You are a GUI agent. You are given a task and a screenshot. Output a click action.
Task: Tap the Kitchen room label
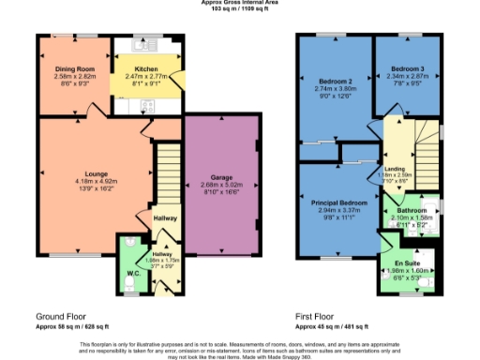[x=145, y=69]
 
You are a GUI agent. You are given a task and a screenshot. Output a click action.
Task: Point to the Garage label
[x=221, y=178]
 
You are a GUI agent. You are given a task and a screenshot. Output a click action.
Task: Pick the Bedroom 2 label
[x=334, y=82]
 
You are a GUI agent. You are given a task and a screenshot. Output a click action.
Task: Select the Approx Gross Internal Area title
[x=239, y=3]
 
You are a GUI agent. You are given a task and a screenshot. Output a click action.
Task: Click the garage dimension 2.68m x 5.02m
[x=221, y=186]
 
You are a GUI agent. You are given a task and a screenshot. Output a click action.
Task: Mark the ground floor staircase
[x=167, y=173]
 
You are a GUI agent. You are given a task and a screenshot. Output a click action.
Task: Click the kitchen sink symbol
[x=146, y=44]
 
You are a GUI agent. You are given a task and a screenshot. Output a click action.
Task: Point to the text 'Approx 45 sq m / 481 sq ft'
[x=334, y=325]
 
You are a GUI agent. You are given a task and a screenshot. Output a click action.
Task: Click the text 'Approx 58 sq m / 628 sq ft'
[x=76, y=325]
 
